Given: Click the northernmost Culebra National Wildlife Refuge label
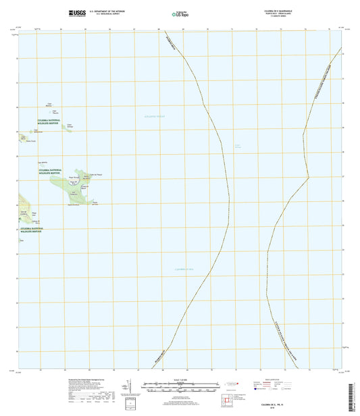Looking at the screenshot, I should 53,122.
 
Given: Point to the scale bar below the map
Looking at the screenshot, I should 180,390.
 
